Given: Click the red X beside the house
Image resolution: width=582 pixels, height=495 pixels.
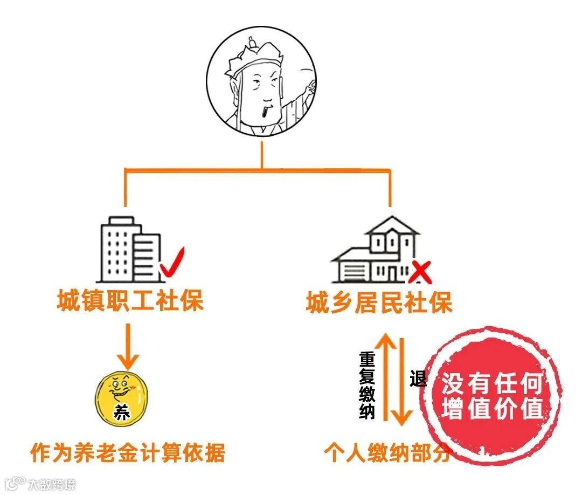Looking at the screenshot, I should click(x=421, y=273).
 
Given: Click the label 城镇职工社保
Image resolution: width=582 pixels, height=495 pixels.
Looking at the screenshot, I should click(x=130, y=301).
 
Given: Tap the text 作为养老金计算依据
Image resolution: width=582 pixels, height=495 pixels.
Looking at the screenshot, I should click(x=127, y=453).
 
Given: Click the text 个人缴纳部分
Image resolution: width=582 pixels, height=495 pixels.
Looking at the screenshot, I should click(x=386, y=453).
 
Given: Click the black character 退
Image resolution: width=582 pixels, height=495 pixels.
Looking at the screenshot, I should click(x=418, y=379).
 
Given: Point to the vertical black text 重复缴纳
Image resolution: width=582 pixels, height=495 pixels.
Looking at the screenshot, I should click(x=368, y=385).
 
